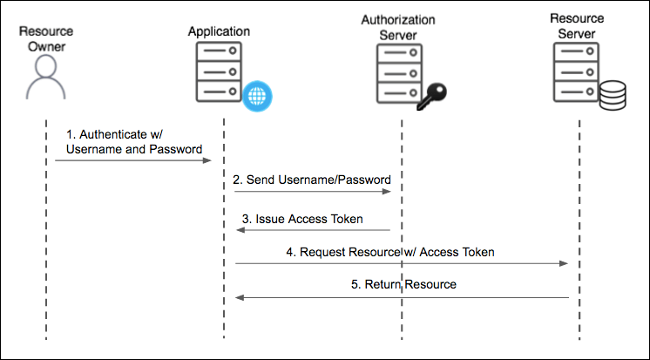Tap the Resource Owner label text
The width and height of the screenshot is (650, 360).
(x=44, y=38)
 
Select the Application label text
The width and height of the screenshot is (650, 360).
(x=219, y=31)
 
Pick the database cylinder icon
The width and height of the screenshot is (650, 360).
(x=614, y=95)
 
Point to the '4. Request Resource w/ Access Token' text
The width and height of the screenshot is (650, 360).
(x=396, y=252)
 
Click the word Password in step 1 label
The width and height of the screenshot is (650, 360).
(x=179, y=149)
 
